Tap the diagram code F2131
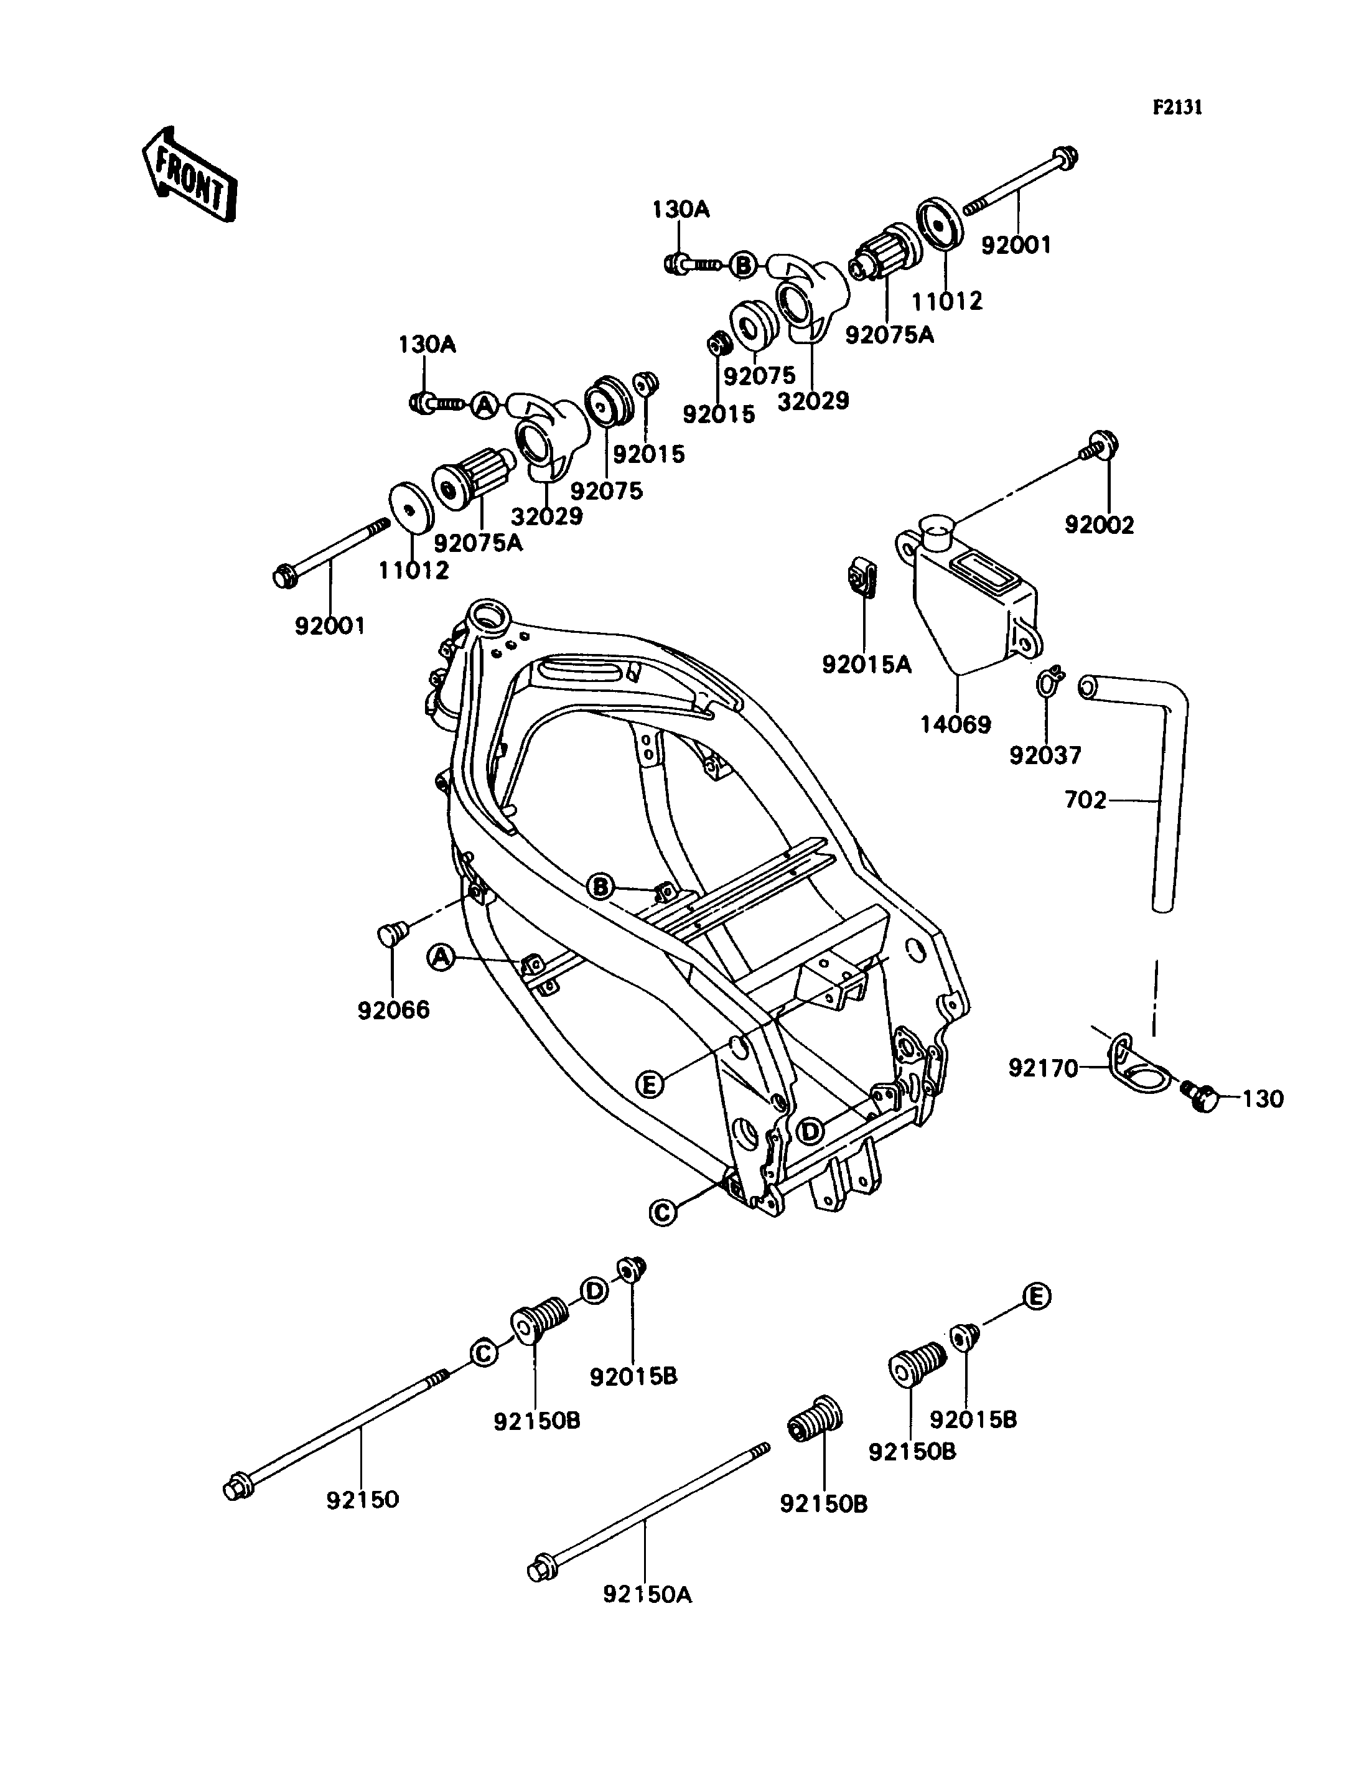(x=1177, y=107)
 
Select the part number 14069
(x=956, y=724)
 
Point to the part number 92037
(x=1046, y=755)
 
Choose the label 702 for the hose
(x=1085, y=801)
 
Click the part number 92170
(x=1044, y=1068)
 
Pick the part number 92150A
(x=647, y=1595)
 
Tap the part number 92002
(x=1100, y=525)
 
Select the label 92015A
(x=867, y=665)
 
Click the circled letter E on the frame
(x=650, y=1083)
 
